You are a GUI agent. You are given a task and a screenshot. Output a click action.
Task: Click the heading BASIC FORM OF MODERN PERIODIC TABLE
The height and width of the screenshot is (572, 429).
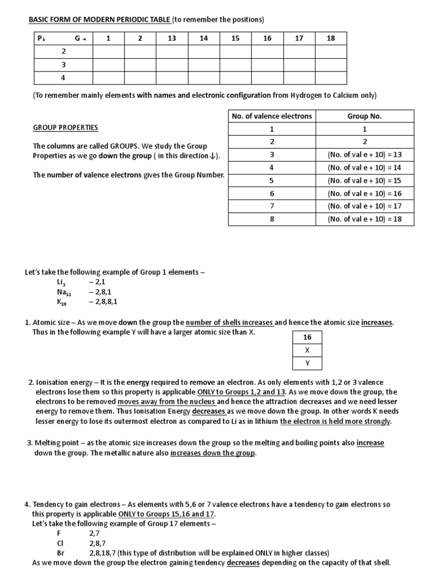pyautogui.click(x=99, y=20)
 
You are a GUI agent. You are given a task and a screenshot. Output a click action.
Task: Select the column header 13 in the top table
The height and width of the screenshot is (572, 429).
pyautogui.click(x=171, y=38)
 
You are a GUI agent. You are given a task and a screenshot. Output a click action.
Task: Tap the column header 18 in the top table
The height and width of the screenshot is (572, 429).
pyautogui.click(x=331, y=38)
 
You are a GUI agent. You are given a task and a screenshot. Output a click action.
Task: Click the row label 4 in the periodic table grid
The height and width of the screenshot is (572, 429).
pyautogui.click(x=63, y=78)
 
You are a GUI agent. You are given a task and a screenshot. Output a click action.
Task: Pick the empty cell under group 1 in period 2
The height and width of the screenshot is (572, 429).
pyautogui.click(x=108, y=51)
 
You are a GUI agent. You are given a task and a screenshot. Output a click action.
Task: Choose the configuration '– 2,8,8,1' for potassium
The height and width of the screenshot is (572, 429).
pyautogui.click(x=103, y=302)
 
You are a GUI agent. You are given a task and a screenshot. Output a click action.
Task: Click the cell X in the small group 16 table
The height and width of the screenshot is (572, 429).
pyautogui.click(x=307, y=350)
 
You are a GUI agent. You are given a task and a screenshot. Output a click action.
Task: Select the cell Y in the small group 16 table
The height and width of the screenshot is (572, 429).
pyautogui.click(x=307, y=363)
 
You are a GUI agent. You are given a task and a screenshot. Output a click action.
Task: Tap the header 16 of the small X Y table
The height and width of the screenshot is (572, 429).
pyautogui.click(x=307, y=337)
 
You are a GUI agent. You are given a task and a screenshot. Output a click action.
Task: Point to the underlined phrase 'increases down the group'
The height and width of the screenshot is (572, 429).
pyautogui.click(x=213, y=453)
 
